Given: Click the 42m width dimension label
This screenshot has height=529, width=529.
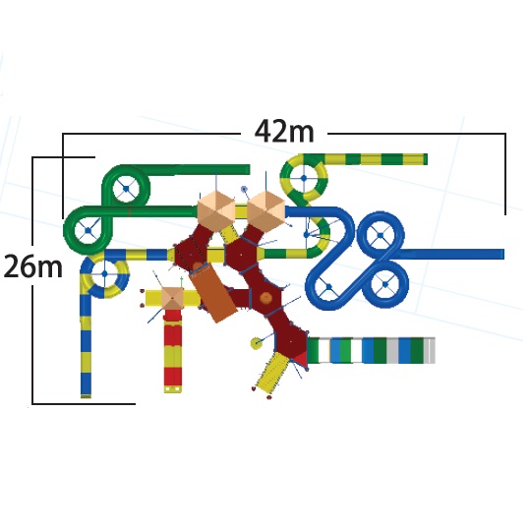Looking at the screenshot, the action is pyautogui.click(x=284, y=131).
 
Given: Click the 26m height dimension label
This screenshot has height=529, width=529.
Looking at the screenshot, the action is pyautogui.click(x=33, y=266).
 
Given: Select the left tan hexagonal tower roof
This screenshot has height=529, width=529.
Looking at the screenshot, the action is pyautogui.click(x=216, y=210).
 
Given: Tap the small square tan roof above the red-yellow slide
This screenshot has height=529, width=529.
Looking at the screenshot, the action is pyautogui.click(x=172, y=298).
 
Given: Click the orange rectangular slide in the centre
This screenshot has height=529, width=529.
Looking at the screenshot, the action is pyautogui.click(x=212, y=293).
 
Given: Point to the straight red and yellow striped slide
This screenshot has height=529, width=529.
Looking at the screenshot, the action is pyautogui.click(x=173, y=351).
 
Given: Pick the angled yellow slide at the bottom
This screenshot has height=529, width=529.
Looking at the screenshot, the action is pyautogui.click(x=272, y=372).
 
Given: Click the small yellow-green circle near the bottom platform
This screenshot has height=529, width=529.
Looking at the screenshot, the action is pyautogui.click(x=257, y=343).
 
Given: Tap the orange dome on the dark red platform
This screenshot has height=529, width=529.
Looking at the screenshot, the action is pyautogui.click(x=266, y=298).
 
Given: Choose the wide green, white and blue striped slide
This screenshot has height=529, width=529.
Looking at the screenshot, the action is pyautogui.click(x=371, y=350).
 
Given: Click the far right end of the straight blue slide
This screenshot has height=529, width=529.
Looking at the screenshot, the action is pyautogui.click(x=502, y=254).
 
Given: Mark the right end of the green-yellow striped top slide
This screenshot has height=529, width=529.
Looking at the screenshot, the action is pyautogui.click(x=426, y=159).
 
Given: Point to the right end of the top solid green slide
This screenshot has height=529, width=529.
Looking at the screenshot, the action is pyautogui.click(x=248, y=170).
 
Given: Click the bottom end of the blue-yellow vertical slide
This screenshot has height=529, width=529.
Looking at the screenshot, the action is pyautogui.click(x=86, y=395).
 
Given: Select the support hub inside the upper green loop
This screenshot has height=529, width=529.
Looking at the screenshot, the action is pyautogui.click(x=126, y=189).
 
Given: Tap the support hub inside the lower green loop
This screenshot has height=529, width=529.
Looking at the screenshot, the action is pyautogui.click(x=88, y=231).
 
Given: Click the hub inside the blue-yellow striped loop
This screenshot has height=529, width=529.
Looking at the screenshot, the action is pyautogui.click(x=104, y=273).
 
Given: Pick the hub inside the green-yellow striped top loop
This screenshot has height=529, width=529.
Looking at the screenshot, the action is pyautogui.click(x=304, y=178).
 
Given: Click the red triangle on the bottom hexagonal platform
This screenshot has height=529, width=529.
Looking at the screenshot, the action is pyautogui.click(x=301, y=359).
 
